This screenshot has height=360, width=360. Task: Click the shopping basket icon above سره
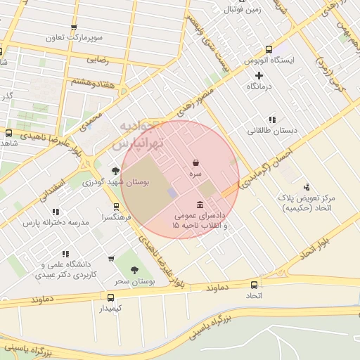[195, 162]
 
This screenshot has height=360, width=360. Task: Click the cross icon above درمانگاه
[259, 75]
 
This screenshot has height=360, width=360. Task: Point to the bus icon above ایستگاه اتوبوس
[269, 49]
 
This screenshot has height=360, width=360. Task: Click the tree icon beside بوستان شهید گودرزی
[115, 171]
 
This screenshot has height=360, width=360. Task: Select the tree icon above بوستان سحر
[134, 269]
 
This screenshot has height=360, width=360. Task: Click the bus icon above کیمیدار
[110, 297]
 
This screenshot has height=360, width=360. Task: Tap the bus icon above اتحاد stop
[254, 285]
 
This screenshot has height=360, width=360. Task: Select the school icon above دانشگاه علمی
[65, 254]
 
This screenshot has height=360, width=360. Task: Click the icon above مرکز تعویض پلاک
[306, 187]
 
